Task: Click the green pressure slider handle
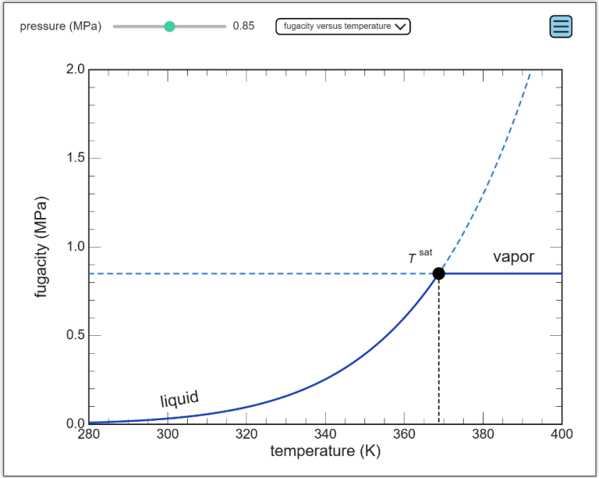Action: click(169, 27)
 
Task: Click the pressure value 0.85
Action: click(243, 27)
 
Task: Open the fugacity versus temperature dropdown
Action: click(343, 27)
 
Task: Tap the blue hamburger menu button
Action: click(561, 27)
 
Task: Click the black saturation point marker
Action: click(438, 273)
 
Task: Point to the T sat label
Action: click(420, 256)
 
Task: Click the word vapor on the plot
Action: click(513, 256)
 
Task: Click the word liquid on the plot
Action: click(179, 400)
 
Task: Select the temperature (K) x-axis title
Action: click(324, 451)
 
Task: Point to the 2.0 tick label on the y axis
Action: click(75, 70)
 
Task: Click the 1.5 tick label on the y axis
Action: click(75, 159)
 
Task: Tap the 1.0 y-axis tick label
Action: click(75, 247)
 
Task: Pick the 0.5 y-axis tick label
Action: click(75, 336)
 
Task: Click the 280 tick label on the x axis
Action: click(89, 435)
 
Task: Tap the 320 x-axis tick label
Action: click(246, 435)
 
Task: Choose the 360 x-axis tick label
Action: click(404, 435)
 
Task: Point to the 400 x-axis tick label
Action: click(562, 435)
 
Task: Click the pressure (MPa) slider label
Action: click(61, 27)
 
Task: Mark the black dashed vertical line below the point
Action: click(438, 351)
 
